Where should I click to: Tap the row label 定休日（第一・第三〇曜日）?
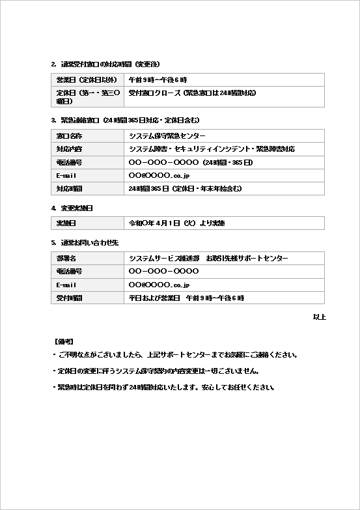click(87, 97)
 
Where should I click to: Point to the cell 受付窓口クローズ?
click(192, 93)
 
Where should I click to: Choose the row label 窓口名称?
click(70, 136)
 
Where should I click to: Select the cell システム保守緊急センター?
click(167, 136)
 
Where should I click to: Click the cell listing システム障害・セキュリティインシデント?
click(212, 149)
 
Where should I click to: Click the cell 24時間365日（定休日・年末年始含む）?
click(186, 188)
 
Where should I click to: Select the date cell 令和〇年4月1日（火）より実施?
click(176, 223)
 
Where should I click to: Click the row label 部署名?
click(67, 259)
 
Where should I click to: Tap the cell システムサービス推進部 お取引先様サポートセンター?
click(208, 259)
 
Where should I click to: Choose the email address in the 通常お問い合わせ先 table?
click(159, 285)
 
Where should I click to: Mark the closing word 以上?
click(319, 317)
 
